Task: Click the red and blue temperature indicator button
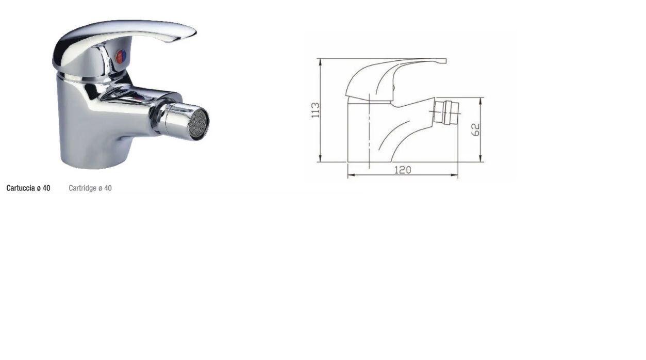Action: [x=120, y=57]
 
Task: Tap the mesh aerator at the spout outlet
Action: [x=198, y=123]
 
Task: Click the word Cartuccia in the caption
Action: [x=20, y=188]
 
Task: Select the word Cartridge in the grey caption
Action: [x=82, y=188]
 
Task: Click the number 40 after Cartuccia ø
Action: [x=46, y=188]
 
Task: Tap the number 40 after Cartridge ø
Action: [x=108, y=188]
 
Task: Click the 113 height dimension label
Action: [x=316, y=110]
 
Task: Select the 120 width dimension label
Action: [x=403, y=170]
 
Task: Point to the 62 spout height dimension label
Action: [x=476, y=129]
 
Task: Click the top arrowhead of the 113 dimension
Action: [x=321, y=61]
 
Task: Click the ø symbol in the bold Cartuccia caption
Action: [x=39, y=188]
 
